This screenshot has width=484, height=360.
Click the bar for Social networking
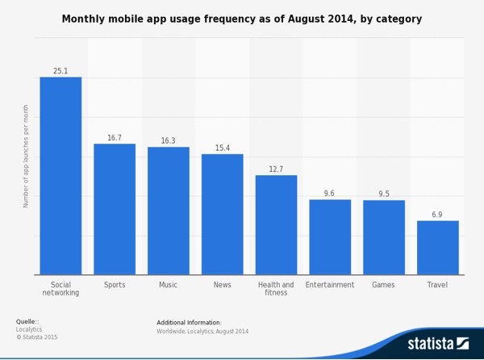[x=60, y=176]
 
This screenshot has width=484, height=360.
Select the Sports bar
[x=115, y=209]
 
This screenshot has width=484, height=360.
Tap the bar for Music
[x=168, y=211]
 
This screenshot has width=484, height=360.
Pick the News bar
[x=222, y=214]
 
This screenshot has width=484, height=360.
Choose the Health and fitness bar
[x=276, y=224]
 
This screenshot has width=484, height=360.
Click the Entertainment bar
[x=330, y=237]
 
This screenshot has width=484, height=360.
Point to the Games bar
[x=384, y=237]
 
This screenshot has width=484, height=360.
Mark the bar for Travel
[x=437, y=247]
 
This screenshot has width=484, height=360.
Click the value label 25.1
[x=60, y=71]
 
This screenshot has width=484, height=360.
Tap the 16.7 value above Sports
[x=115, y=138]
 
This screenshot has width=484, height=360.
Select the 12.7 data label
[x=276, y=170]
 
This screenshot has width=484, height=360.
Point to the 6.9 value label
[x=437, y=215]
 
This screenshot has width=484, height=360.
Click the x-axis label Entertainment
[x=330, y=285]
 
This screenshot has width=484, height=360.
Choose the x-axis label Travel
[x=437, y=285]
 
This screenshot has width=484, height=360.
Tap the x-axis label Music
[x=168, y=285]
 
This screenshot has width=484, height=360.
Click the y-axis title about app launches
[x=26, y=156]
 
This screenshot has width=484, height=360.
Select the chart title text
[x=242, y=19]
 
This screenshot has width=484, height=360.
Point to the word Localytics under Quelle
[x=30, y=329]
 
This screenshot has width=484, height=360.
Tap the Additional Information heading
[x=189, y=323]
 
